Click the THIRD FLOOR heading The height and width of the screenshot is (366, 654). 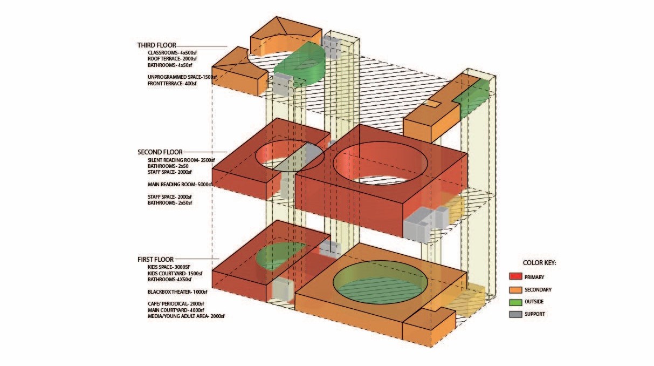tap(157, 45)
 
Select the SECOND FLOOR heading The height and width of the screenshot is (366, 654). tap(160, 152)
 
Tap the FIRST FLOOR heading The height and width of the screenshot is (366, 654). tap(156, 259)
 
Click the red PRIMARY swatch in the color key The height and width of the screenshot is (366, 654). tap(515, 276)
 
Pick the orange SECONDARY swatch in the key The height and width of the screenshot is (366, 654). tap(515, 289)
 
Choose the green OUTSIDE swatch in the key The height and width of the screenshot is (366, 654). tap(515, 302)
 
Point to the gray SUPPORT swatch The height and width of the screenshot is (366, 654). tap(515, 314)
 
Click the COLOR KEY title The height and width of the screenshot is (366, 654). tap(539, 263)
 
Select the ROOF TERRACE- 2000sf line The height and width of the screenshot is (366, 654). tap(172, 59)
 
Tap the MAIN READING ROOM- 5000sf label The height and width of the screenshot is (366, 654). tap(180, 185)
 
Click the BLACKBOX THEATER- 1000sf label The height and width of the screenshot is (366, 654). tap(177, 292)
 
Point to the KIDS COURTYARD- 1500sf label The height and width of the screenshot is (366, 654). tap(175, 273)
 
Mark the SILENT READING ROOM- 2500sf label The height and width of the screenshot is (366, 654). tap(181, 160)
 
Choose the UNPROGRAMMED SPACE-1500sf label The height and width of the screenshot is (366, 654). tap(182, 77)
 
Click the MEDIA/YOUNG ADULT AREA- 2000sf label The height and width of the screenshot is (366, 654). tap(186, 316)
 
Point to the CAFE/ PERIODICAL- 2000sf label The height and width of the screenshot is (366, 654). tap(176, 304)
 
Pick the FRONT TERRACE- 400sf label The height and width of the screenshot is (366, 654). tap(172, 83)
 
